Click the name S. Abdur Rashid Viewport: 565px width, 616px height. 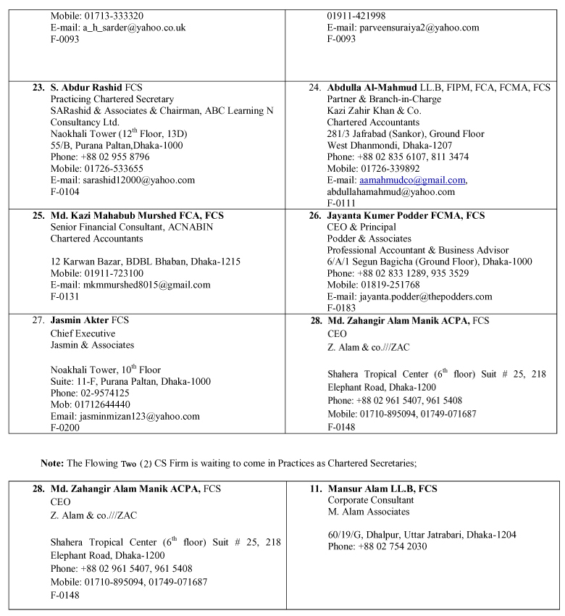tap(85, 87)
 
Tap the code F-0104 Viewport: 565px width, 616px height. tap(64, 191)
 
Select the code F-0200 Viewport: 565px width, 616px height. tap(64, 428)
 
